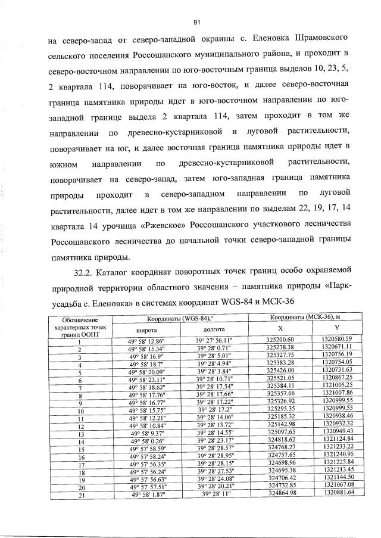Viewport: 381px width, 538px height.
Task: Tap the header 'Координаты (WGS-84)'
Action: [180, 318]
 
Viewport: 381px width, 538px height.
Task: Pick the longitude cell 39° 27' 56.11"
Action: [214, 340]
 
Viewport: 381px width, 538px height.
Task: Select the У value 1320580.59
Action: [339, 340]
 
